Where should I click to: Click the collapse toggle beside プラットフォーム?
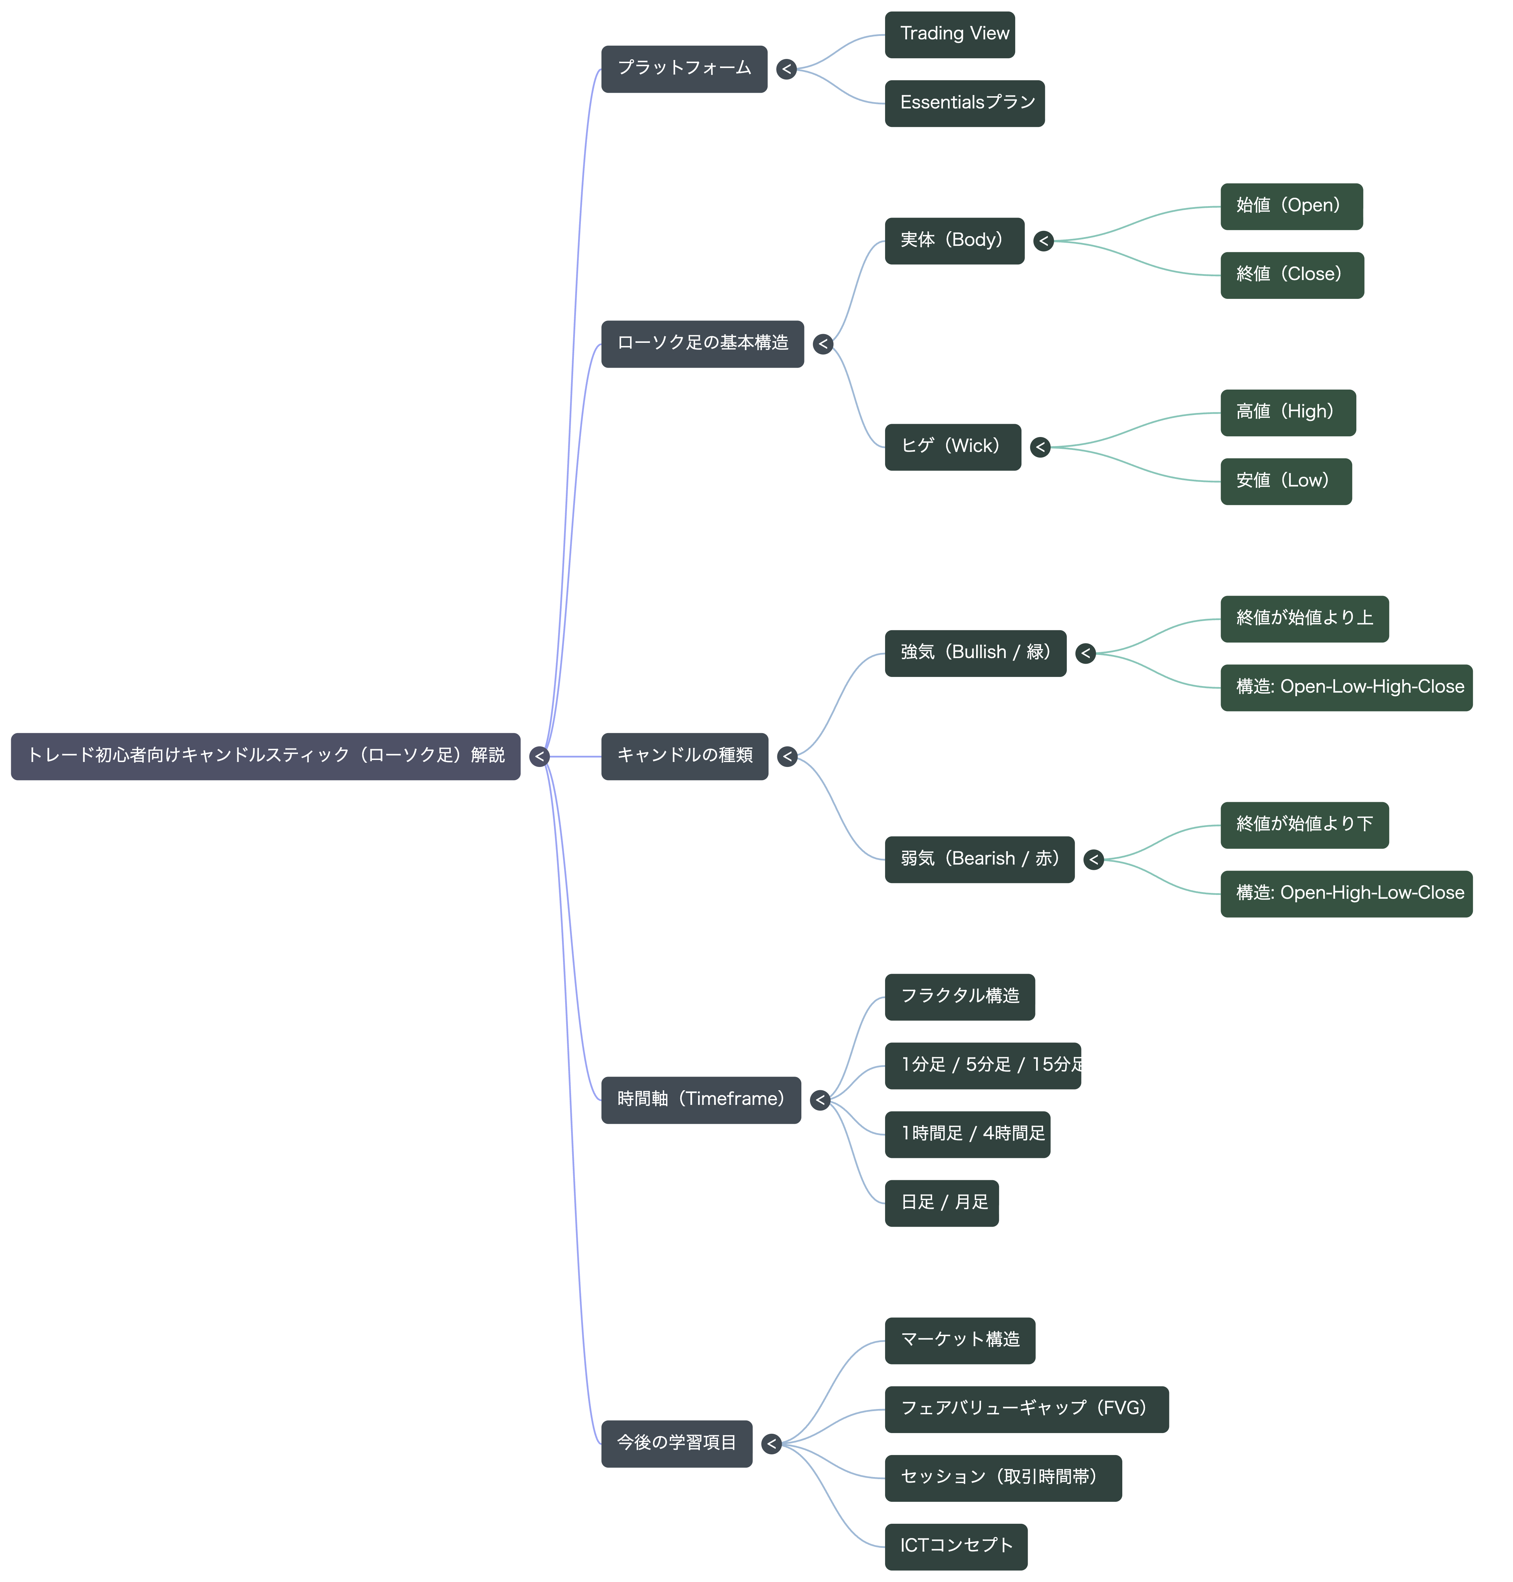(786, 69)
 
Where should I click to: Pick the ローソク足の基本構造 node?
(703, 344)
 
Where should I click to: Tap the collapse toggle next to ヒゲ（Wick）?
(1040, 447)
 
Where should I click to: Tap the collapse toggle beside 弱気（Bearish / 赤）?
(1094, 860)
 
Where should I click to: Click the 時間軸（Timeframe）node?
(701, 1100)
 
